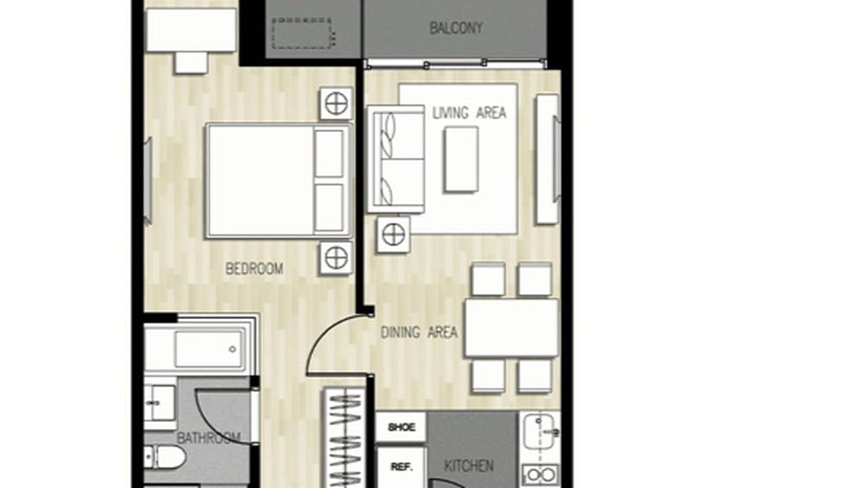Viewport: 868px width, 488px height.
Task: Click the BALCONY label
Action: (456, 28)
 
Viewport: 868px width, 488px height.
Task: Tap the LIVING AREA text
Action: (469, 113)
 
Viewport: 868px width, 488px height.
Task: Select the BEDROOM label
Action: (254, 269)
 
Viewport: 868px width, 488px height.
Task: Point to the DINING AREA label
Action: (418, 333)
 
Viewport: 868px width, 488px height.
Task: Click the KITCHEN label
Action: (470, 465)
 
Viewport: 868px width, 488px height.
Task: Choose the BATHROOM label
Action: (199, 438)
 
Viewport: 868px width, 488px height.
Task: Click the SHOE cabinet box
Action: (401, 427)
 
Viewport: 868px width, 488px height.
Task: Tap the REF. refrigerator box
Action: (401, 467)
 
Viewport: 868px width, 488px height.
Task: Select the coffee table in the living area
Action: (461, 159)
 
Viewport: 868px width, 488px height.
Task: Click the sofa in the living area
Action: (395, 159)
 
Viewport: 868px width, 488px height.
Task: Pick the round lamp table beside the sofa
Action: (393, 234)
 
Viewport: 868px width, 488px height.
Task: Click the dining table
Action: (511, 327)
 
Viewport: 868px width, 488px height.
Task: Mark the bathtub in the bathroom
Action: (201, 349)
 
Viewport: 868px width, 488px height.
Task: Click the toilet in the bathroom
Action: (166, 457)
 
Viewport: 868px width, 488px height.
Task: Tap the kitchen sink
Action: (541, 430)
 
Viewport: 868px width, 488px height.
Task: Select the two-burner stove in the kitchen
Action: (540, 475)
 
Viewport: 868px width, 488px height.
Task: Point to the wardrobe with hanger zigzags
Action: (344, 437)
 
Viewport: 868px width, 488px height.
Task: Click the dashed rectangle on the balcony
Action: (302, 34)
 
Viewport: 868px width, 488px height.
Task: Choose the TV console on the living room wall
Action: (547, 159)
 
